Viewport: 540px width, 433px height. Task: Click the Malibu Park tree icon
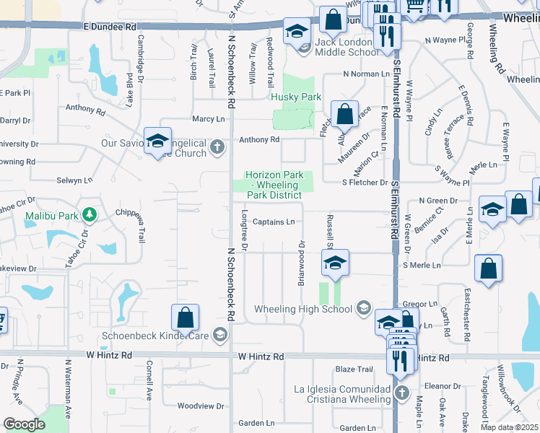[x=90, y=214]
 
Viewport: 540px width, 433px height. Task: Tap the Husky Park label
[x=295, y=97]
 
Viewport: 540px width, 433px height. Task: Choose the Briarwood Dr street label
[x=302, y=263]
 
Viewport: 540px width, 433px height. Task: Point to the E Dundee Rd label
[x=109, y=26]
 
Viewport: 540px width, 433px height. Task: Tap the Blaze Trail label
[x=354, y=369]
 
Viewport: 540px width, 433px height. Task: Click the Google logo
[x=24, y=424]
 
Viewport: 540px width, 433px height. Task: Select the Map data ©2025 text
[x=509, y=427]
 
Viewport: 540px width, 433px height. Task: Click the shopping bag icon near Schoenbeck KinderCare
[x=185, y=318]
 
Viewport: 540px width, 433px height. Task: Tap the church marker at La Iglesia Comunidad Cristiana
[x=402, y=394]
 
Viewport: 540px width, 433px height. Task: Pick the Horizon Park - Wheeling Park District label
[x=273, y=185]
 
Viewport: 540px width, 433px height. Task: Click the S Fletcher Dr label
[x=365, y=183]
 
